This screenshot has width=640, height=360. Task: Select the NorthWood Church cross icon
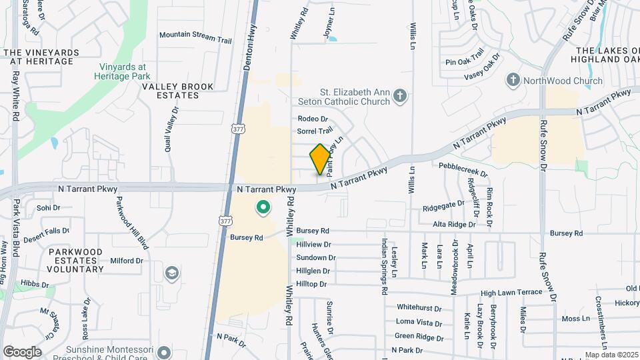(x=513, y=81)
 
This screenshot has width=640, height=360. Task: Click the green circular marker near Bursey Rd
(x=263, y=209)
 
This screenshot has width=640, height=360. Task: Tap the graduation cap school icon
(x=172, y=273)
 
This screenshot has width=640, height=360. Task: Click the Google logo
(x=22, y=351)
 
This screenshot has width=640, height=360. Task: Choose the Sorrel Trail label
(x=315, y=131)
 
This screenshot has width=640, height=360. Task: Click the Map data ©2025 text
(x=611, y=355)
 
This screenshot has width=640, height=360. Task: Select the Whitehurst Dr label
(x=419, y=308)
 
